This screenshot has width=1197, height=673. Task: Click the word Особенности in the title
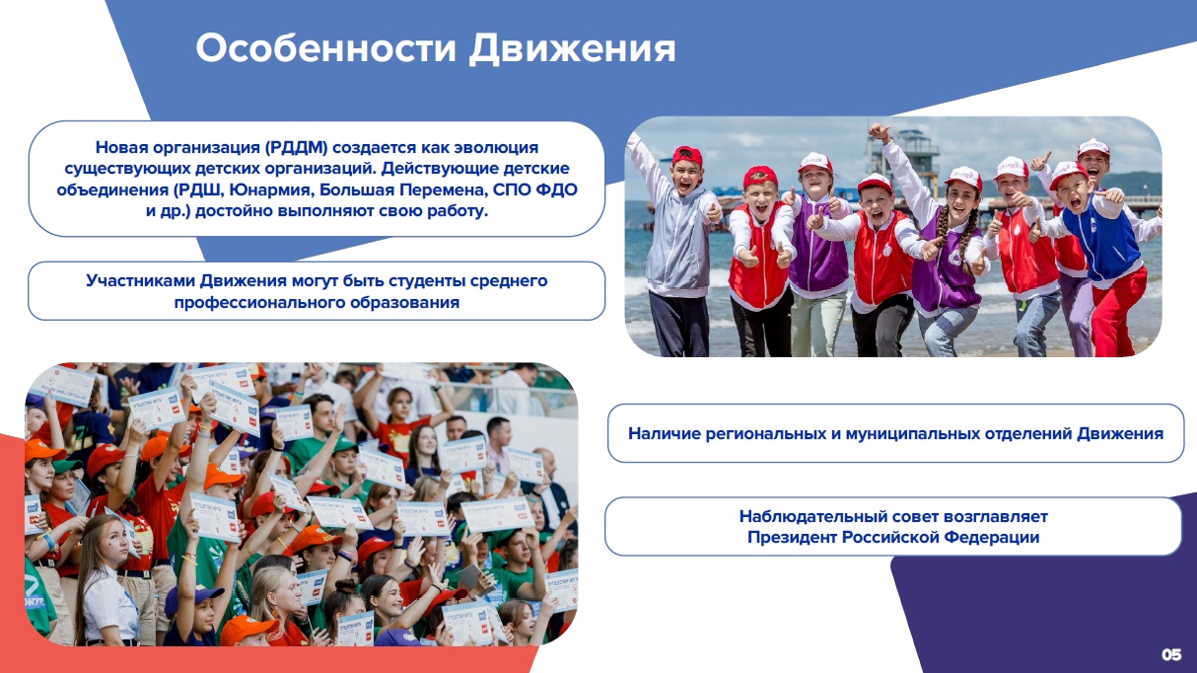(x=326, y=48)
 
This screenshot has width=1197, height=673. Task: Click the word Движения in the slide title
(x=572, y=49)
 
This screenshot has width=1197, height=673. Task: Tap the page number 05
(x=1171, y=654)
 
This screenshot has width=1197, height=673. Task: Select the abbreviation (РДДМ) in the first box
(x=296, y=147)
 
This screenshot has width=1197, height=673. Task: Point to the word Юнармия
(x=270, y=189)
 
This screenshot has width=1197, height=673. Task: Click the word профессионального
(x=259, y=303)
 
